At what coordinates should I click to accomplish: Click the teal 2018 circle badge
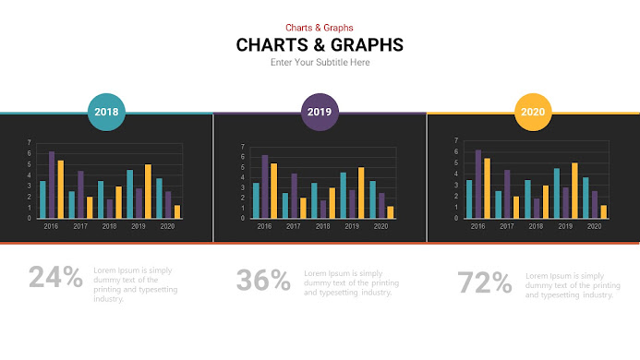(106, 112)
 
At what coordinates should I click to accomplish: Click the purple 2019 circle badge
(320, 112)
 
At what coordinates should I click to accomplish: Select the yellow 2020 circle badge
(533, 112)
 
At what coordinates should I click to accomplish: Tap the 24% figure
(55, 277)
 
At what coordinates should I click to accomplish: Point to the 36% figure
(263, 280)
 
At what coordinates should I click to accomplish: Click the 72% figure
(485, 282)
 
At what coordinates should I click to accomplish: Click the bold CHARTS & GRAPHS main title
(320, 44)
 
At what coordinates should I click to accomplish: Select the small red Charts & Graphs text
(320, 28)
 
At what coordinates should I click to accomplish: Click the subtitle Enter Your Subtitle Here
(320, 63)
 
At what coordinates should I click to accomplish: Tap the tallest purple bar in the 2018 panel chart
(52, 185)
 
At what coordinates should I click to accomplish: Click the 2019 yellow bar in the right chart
(574, 190)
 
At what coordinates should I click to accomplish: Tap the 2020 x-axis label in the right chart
(595, 225)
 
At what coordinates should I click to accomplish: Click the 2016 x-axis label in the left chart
(51, 226)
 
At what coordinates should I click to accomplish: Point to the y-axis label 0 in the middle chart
(243, 219)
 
